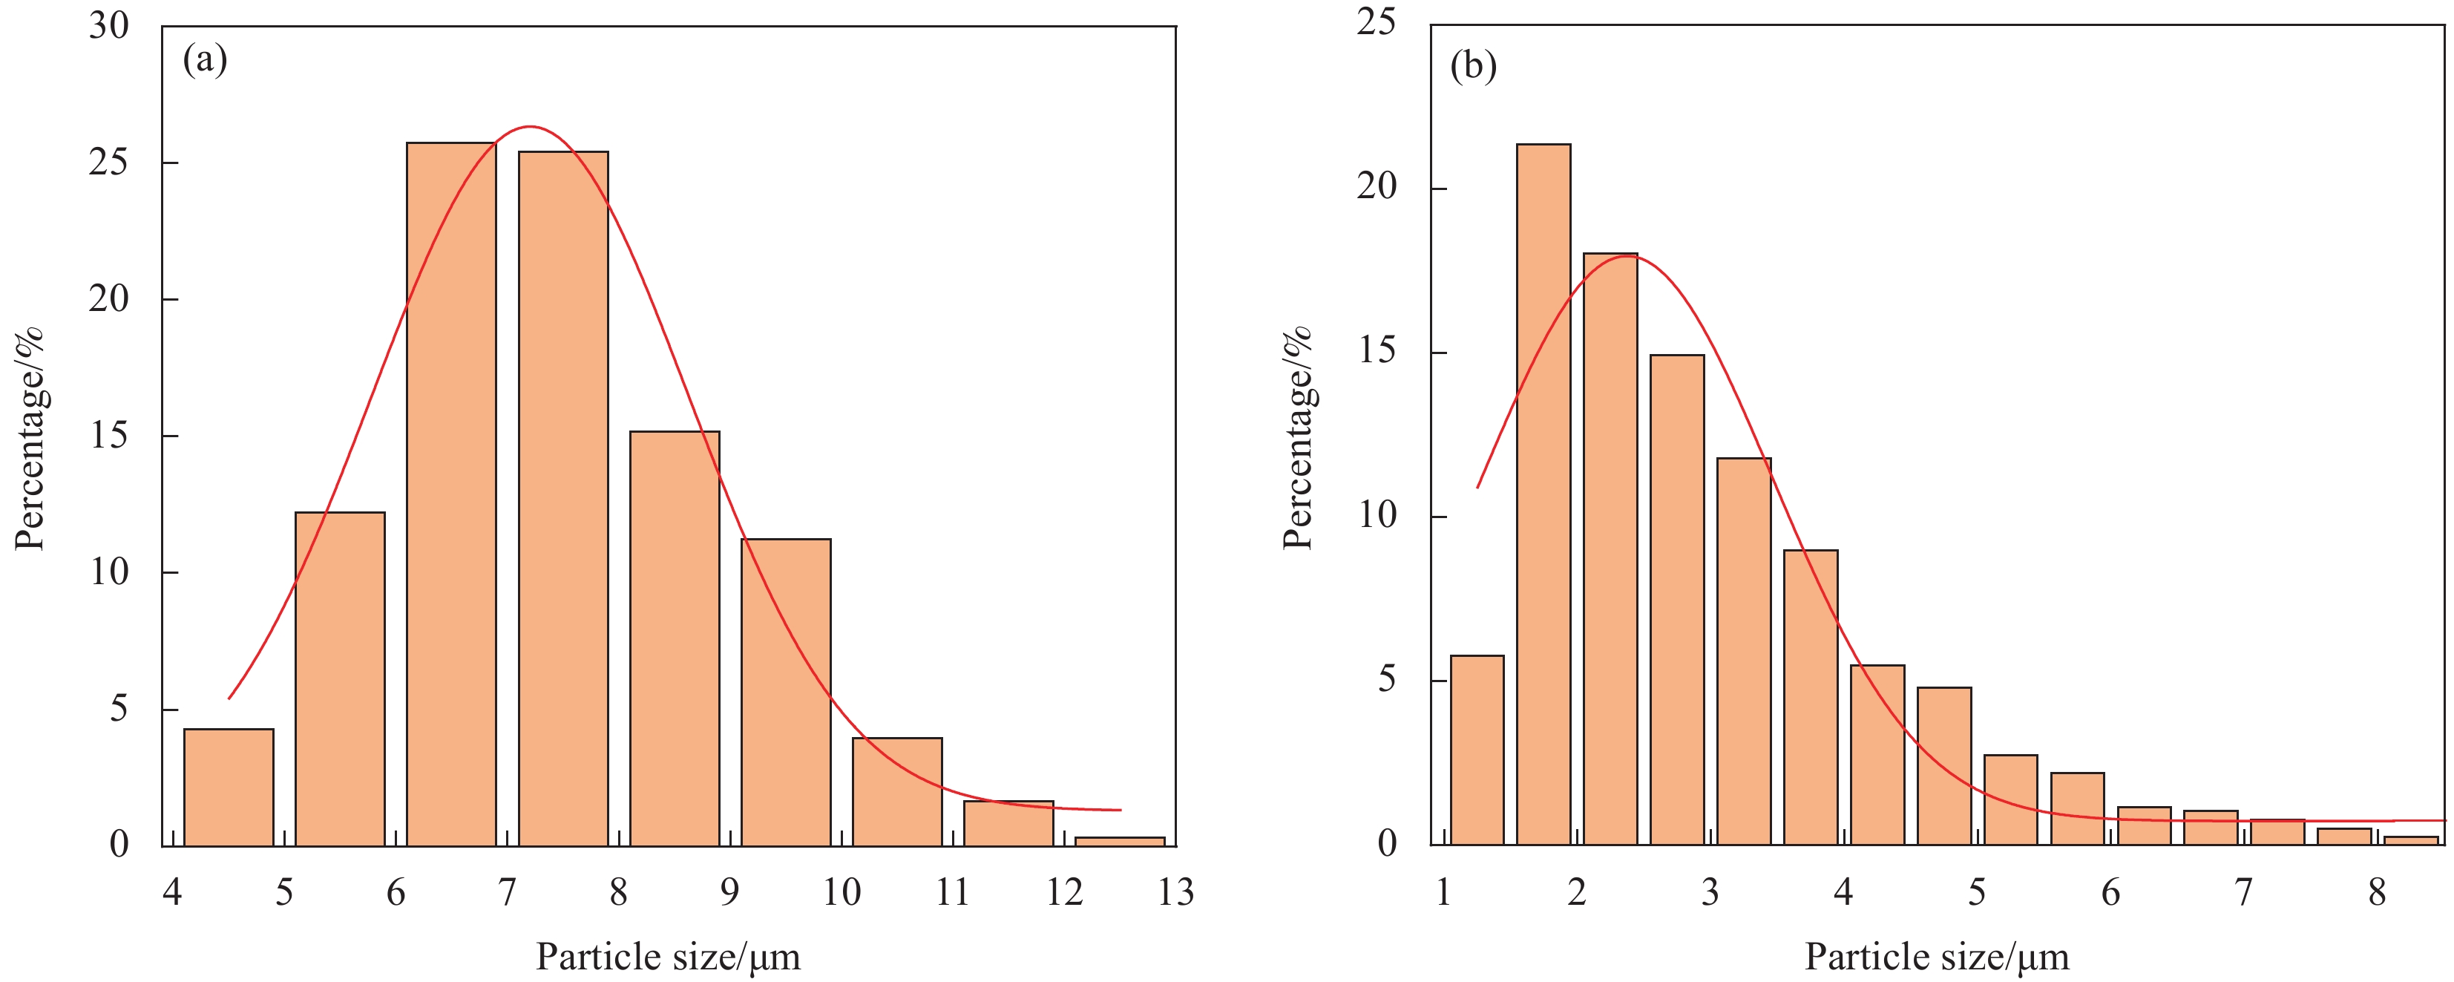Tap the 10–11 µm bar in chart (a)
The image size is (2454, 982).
[896, 791]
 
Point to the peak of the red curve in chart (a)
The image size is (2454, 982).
[530, 127]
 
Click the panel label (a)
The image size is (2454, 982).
[205, 61]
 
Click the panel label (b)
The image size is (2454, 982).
[1473, 66]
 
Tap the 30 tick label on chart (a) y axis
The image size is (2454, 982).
[108, 26]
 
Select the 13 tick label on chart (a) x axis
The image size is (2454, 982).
[1175, 892]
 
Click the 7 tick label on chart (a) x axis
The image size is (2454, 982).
[507, 892]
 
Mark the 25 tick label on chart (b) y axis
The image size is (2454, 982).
[1377, 22]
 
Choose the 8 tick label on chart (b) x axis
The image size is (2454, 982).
[2377, 892]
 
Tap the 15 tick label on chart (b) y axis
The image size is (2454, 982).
[1377, 352]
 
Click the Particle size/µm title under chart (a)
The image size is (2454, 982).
[668, 956]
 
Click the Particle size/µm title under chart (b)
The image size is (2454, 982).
[1937, 956]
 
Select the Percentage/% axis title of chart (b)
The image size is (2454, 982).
[1297, 438]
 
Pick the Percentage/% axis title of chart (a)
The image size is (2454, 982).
[30, 438]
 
